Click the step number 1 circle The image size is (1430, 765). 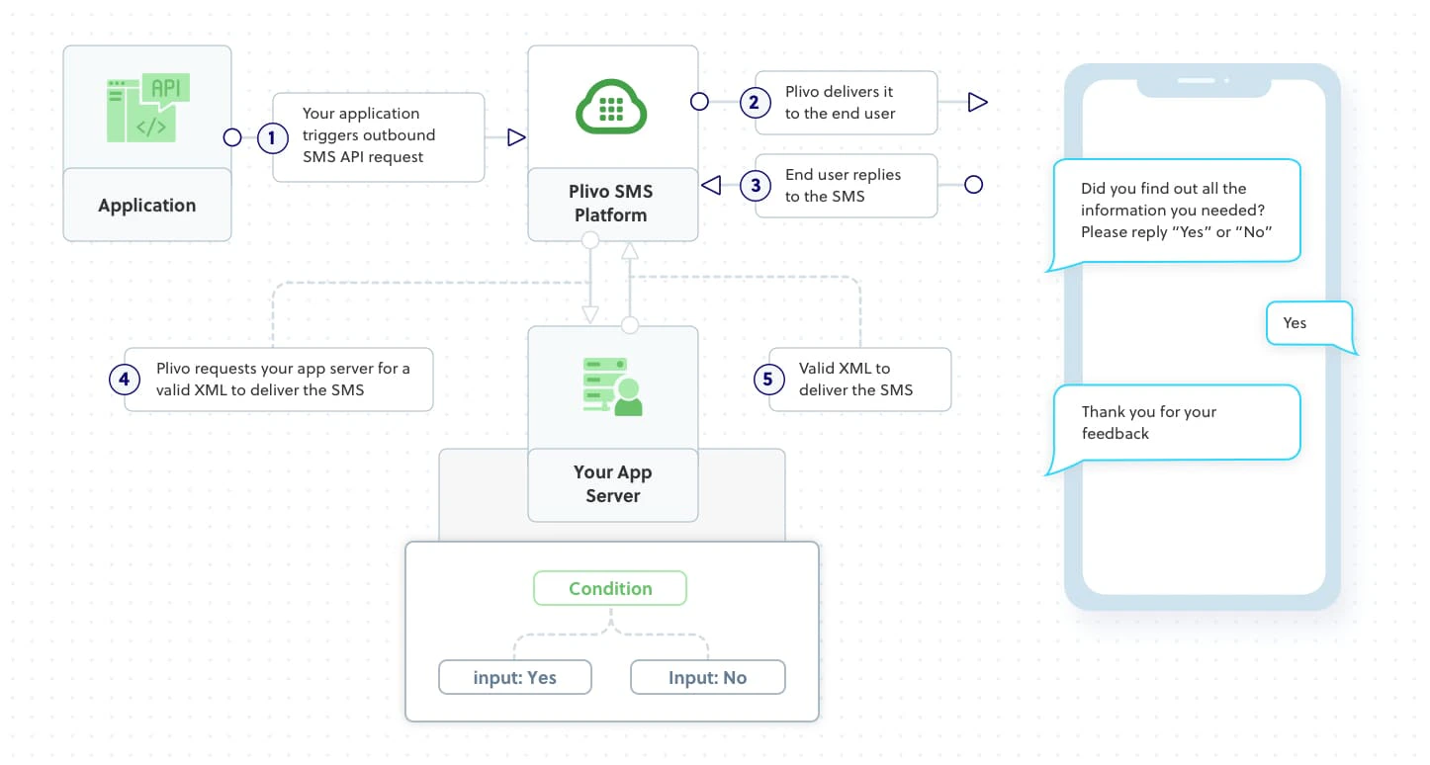tap(272, 137)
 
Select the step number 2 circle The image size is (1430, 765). tap(755, 102)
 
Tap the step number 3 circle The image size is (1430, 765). tap(755, 185)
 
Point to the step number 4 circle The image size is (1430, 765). tap(125, 379)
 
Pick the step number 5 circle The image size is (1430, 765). tap(768, 379)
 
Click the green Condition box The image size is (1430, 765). tap(610, 588)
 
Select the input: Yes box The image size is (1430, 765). tap(515, 678)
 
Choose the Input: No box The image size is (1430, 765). tap(707, 678)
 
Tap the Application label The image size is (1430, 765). tap(146, 206)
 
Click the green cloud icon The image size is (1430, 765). tap(611, 106)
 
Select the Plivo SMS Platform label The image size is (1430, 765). tap(611, 204)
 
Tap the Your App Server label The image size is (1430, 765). tap(613, 484)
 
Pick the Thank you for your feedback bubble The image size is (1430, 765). tap(1175, 423)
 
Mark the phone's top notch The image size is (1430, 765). tap(1203, 85)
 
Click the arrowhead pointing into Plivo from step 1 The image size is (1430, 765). tap(515, 137)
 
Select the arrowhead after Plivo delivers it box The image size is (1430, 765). tap(977, 102)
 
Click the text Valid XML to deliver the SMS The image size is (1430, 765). tap(856, 380)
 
